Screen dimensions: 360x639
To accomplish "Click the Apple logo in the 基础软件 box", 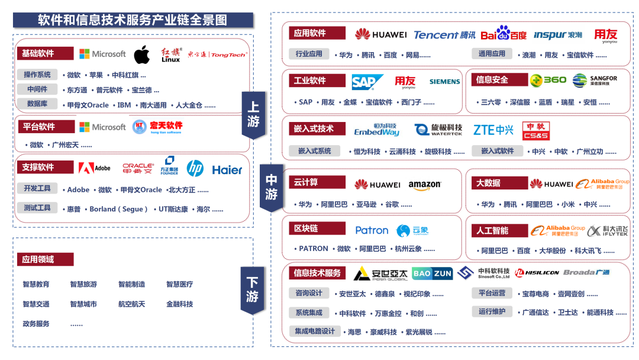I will point(141,54).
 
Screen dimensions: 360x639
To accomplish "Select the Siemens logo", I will point(444,82).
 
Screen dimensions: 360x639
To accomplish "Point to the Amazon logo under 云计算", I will point(424,185).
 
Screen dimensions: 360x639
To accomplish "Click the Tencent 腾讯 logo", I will point(444,35).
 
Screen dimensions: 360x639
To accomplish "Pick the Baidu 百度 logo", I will point(504,34).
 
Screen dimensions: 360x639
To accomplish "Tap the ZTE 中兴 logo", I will point(493,130).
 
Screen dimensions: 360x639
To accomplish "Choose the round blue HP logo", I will point(195,169).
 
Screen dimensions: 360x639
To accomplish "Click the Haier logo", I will point(227,170).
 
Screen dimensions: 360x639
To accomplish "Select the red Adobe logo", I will point(95,168).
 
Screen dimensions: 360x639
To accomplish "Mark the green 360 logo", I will point(548,80).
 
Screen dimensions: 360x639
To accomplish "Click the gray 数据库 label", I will point(37,104).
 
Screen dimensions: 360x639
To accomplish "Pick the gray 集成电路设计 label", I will point(315,331).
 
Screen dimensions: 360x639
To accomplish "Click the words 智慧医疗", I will point(179,284).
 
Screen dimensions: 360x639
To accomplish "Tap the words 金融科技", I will point(179,304).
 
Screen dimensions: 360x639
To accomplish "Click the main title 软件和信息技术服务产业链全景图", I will point(133,20).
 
